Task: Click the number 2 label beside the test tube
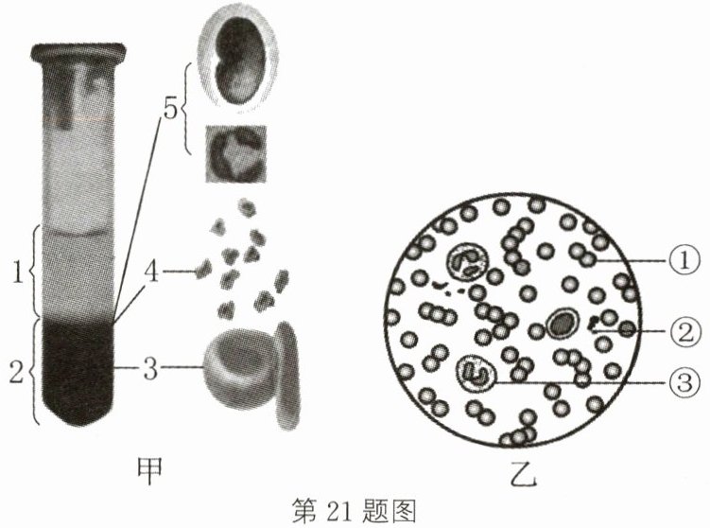pyautogui.click(x=16, y=372)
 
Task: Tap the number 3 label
pyautogui.click(x=150, y=368)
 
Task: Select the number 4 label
pyautogui.click(x=151, y=272)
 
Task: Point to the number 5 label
pyautogui.click(x=170, y=109)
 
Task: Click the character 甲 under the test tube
pyautogui.click(x=149, y=471)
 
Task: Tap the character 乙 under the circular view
pyautogui.click(x=523, y=473)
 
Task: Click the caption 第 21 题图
pyautogui.click(x=354, y=511)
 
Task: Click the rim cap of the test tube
pyautogui.click(x=78, y=52)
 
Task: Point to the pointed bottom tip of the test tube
pyautogui.click(x=76, y=425)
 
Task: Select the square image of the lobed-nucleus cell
pyautogui.click(x=236, y=153)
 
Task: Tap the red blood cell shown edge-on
pyautogui.click(x=288, y=376)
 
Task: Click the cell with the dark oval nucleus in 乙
pyautogui.click(x=563, y=324)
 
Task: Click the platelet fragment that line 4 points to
pyautogui.click(x=203, y=270)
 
